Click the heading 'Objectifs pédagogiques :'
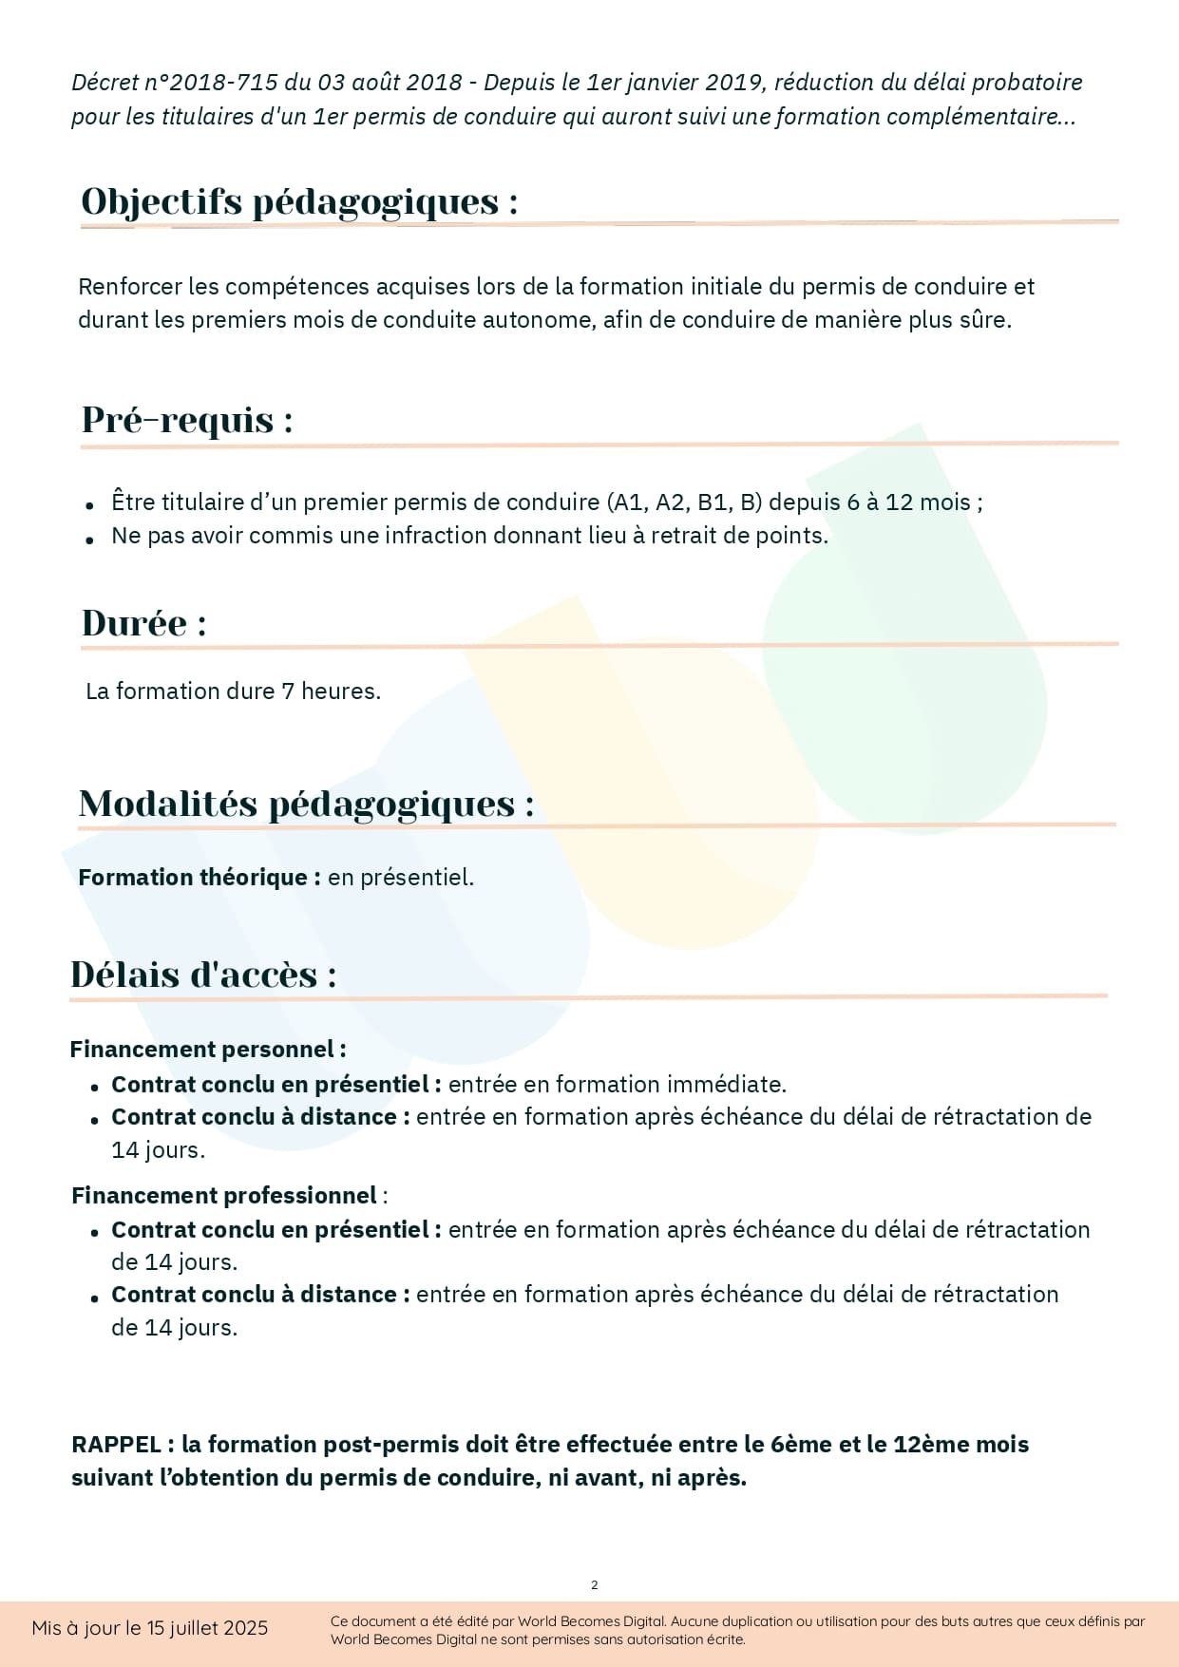click(299, 201)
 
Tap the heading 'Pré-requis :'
click(187, 420)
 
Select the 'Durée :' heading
click(144, 623)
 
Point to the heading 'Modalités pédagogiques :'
click(306, 804)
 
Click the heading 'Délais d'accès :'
click(203, 975)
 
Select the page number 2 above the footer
click(595, 1584)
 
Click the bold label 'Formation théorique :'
click(200, 877)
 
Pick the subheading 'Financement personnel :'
click(207, 1049)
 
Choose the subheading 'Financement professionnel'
click(224, 1195)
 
